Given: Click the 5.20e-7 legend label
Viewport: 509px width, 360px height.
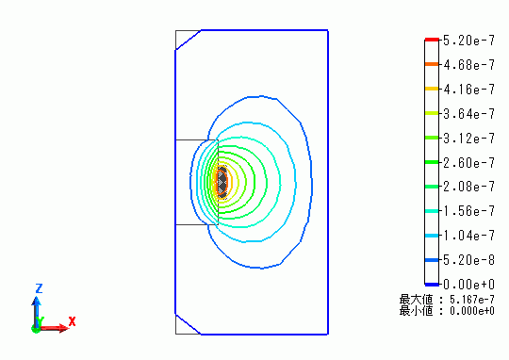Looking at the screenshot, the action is pos(468,41).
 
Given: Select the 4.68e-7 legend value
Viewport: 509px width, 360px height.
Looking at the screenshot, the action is pos(468,65).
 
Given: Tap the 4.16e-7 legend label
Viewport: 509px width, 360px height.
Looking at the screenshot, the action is pos(468,90).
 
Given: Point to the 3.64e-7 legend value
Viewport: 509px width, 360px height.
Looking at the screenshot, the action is pos(468,114).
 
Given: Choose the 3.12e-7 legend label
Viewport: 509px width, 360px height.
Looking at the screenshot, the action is pos(468,139).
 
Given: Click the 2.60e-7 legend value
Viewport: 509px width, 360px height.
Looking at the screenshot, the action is pos(468,163).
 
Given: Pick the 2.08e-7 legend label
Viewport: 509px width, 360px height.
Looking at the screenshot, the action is pos(468,187).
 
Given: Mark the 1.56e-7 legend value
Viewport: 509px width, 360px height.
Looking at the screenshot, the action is pos(468,211).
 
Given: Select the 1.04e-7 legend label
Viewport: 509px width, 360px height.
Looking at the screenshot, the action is pos(468,236).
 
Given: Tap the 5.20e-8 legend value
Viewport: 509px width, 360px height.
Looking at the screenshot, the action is pos(468,260).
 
